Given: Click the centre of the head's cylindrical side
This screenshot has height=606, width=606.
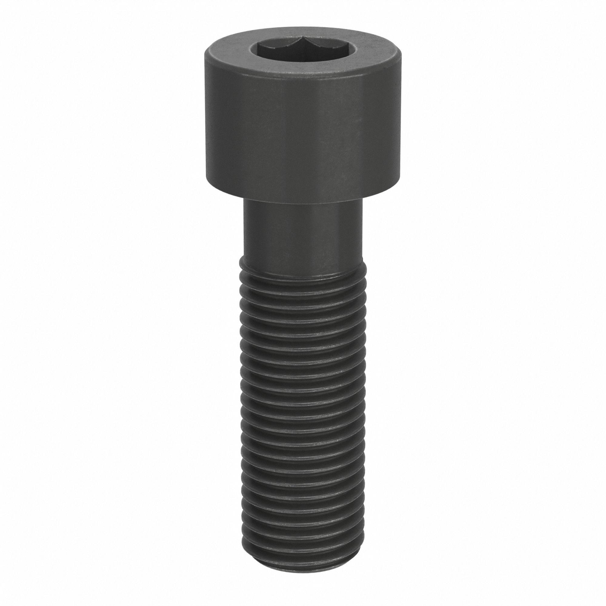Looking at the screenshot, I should (x=303, y=132).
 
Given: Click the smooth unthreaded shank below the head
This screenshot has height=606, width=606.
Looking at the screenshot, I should (x=303, y=238).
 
